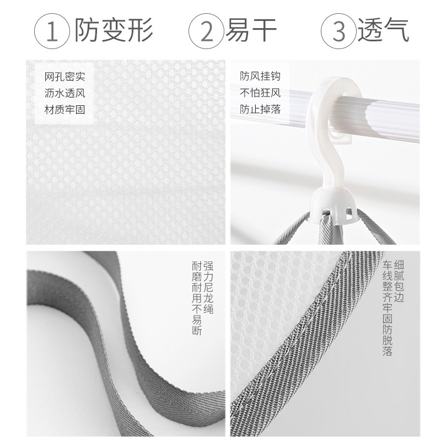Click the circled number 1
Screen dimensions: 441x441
pos(52,31)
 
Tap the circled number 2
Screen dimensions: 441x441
pos(206,31)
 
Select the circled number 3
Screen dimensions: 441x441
pos(338,31)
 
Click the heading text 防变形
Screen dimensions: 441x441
pos(114,30)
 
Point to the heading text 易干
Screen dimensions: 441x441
pos(251,30)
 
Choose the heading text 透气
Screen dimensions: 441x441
pos(383,30)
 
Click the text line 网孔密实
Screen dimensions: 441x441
pos(64,77)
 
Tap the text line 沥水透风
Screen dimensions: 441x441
pos(64,93)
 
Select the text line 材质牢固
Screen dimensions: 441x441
pos(64,109)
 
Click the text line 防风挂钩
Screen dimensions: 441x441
pos(260,76)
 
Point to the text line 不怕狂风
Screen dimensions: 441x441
pos(260,93)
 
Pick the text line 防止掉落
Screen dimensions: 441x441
pos(260,109)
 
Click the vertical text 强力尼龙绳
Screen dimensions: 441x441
pos(208,287)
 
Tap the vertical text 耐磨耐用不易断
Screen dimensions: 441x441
pos(197,298)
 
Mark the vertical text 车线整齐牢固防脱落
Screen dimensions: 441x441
pos(388,308)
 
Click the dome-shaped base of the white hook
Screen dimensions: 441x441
pos(334,205)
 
